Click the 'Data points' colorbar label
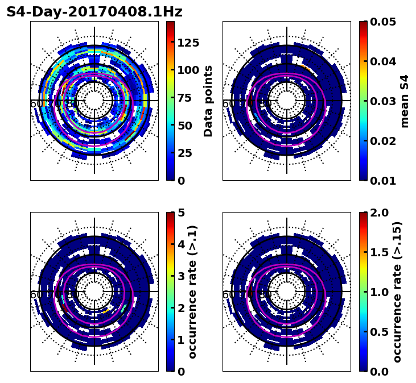click(208, 101)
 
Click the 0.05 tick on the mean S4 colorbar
click(382, 22)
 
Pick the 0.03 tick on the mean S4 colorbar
click(382, 101)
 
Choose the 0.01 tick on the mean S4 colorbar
click(382, 181)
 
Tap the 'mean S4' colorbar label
click(405, 101)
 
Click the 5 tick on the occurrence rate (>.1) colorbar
click(182, 213)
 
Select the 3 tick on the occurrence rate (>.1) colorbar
click(182, 276)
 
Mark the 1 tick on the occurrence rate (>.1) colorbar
click(182, 340)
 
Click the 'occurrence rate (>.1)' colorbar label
click(193, 292)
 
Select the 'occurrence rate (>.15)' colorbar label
click(397, 292)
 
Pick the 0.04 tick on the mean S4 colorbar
click(382, 61)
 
